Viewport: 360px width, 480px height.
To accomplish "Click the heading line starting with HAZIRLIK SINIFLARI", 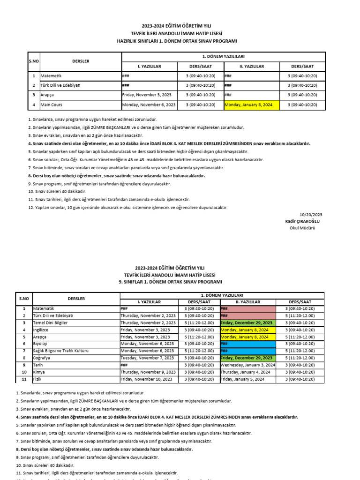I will click(180, 41).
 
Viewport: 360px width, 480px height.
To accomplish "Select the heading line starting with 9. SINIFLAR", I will click(180, 282).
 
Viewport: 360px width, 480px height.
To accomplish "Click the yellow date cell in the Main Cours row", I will click(252, 105).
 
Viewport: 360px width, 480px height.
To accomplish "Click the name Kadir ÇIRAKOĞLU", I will click(304, 221).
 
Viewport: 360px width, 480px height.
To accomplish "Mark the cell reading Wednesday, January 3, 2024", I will click(248, 365).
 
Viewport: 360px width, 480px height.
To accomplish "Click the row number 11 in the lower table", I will click(23, 379).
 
